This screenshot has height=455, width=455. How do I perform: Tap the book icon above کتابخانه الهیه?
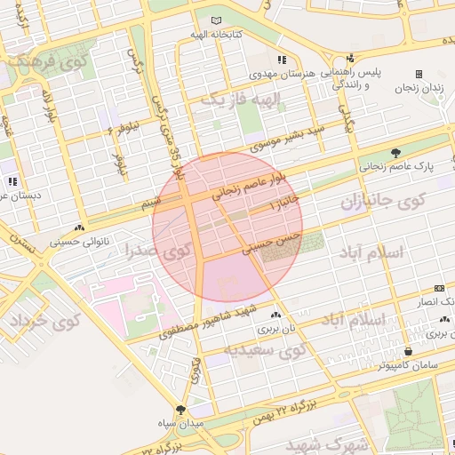217,20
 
